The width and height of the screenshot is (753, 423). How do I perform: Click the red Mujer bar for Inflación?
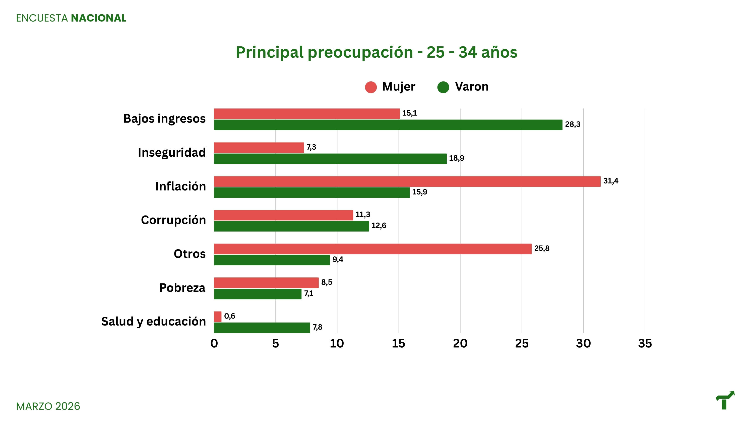tap(407, 182)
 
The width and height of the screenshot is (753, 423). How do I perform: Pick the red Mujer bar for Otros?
tap(373, 249)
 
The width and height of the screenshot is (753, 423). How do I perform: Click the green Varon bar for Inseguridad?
tap(330, 159)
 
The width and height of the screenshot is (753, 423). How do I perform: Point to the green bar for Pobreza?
tap(258, 294)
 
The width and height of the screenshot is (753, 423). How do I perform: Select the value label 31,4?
tap(611, 181)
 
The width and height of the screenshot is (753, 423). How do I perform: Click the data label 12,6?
tap(379, 226)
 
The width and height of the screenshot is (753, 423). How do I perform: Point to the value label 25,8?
tap(542, 248)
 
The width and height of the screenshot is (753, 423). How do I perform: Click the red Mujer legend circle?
tap(371, 87)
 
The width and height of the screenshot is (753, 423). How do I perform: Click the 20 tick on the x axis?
tap(460, 344)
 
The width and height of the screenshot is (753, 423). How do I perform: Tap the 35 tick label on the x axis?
tap(645, 344)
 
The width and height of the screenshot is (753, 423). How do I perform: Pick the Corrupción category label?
tap(173, 220)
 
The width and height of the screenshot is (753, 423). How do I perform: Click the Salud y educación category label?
tap(153, 322)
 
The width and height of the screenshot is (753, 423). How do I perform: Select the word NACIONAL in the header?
tap(98, 18)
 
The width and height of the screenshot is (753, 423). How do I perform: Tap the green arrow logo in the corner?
tap(725, 400)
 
